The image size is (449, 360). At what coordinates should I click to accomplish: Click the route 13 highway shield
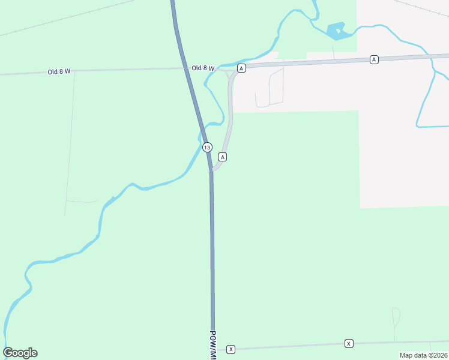click(207, 147)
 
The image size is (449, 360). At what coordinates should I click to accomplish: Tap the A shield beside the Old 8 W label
click(241, 68)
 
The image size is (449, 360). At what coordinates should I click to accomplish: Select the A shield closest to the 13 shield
click(223, 157)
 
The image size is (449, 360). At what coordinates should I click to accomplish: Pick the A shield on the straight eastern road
click(374, 59)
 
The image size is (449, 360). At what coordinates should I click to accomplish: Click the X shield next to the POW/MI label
click(231, 349)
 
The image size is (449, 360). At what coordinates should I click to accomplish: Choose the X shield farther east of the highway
click(349, 343)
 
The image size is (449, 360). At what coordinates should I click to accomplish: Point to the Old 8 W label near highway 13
click(203, 68)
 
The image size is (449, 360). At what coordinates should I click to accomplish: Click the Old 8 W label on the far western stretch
click(59, 71)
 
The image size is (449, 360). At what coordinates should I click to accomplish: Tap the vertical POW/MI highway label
click(213, 342)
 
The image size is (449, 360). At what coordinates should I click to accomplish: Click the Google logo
click(20, 353)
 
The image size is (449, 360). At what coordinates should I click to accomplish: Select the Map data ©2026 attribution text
click(424, 355)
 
